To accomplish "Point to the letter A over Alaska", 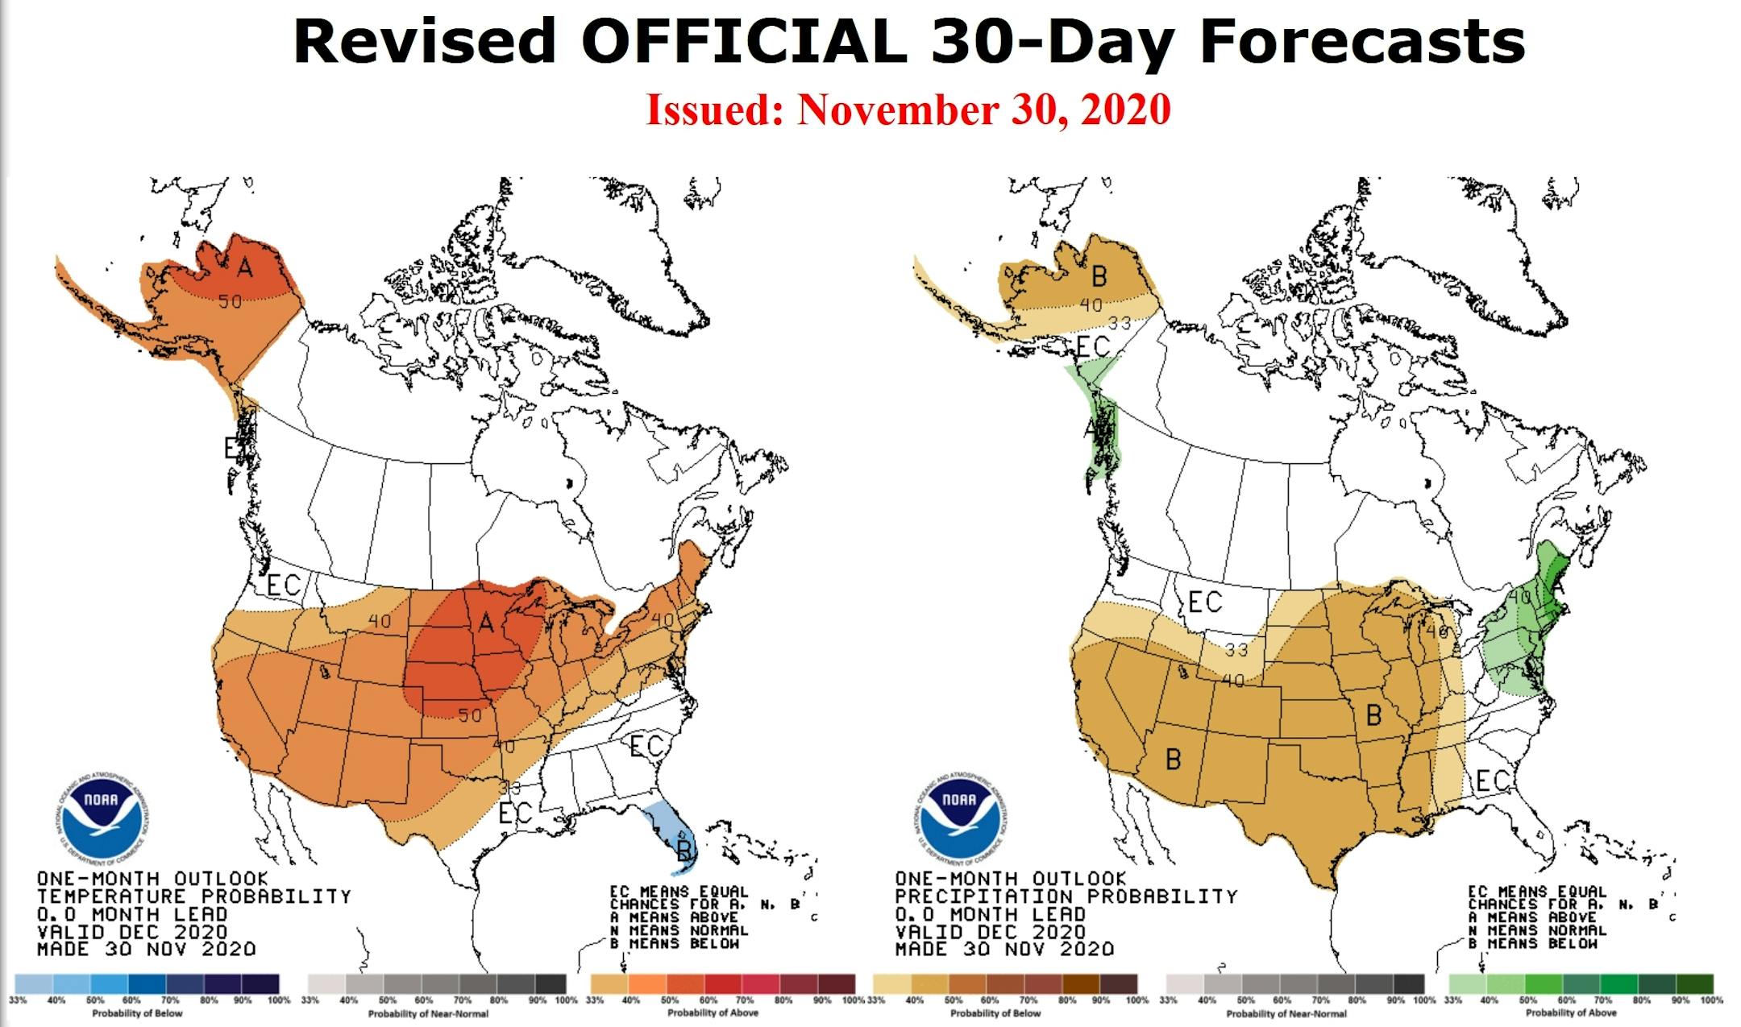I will (245, 267).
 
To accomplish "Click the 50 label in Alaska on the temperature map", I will (230, 302).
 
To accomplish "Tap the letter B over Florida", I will (684, 851).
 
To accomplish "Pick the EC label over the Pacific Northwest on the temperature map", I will (283, 586).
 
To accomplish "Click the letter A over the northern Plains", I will (486, 623).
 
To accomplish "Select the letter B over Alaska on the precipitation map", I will (1099, 277).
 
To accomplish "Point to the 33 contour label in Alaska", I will (1120, 323).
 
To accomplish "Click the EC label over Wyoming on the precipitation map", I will (1205, 602).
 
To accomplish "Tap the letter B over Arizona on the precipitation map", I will (1174, 758).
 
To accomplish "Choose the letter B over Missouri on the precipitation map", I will (1374, 714).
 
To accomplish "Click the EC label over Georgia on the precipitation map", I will (1492, 780).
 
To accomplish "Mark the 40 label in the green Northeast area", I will (1519, 598).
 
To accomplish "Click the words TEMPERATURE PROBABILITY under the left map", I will (194, 897).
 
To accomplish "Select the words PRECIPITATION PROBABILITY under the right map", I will (1066, 897).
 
